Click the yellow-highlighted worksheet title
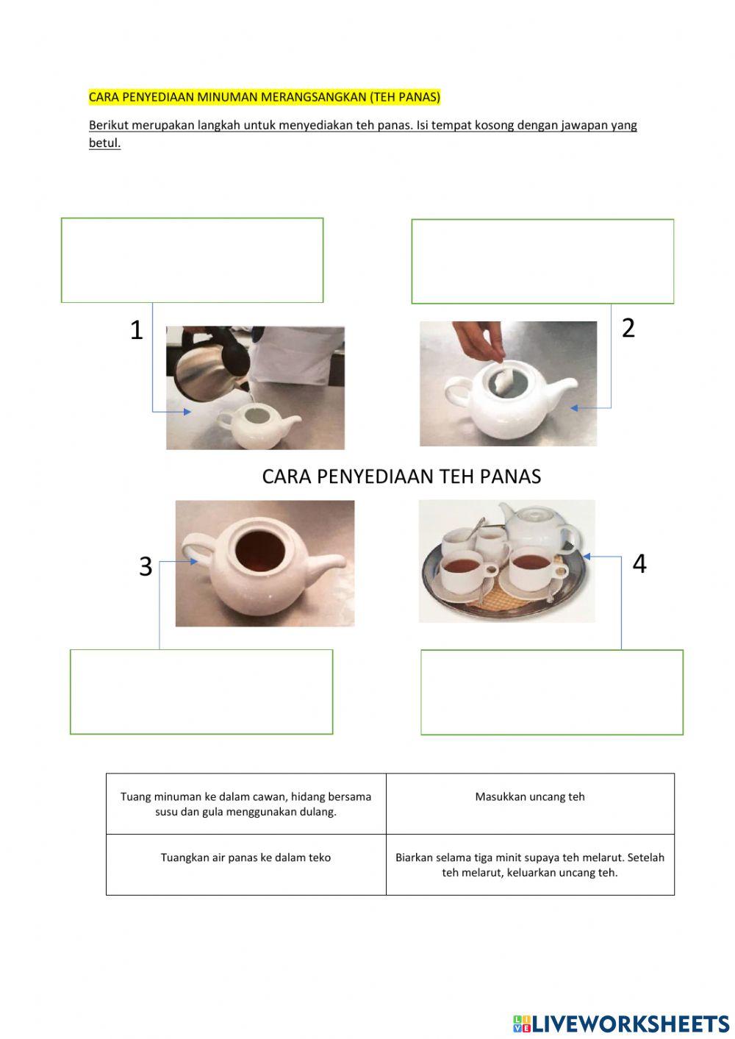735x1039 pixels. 265,97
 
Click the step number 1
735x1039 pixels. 136,330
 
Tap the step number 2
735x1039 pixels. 628,328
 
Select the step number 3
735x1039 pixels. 146,566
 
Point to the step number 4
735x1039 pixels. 639,564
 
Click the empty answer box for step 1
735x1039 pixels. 192,260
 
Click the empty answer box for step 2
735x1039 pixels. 542,262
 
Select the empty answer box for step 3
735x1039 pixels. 201,692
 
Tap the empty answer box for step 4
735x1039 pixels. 552,692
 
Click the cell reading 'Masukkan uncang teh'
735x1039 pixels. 530,804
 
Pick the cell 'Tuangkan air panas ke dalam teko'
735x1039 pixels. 246,865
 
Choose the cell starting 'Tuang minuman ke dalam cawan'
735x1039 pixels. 246,804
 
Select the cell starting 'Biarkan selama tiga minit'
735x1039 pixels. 530,865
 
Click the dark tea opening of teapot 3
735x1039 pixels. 259,551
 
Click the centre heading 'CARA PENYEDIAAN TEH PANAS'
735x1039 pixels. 401,476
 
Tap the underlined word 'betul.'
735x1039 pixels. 105,143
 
